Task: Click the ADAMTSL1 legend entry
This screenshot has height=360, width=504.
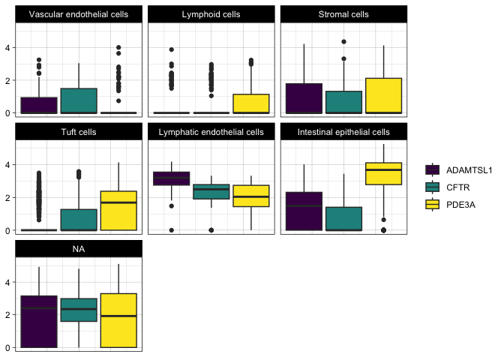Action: coord(459,170)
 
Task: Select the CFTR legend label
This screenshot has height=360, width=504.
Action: coord(457,187)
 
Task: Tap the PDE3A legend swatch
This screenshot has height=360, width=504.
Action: coord(432,205)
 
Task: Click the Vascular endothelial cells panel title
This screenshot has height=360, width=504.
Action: coord(79,14)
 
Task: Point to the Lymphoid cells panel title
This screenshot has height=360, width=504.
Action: coord(211,14)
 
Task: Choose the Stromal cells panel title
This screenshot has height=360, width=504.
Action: coord(343,14)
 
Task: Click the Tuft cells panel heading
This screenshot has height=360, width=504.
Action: coord(79,132)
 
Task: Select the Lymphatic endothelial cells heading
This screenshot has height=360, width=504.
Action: coord(211,132)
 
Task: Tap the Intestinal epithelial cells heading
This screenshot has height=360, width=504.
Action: coord(343,132)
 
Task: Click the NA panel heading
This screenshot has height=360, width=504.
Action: coord(79,249)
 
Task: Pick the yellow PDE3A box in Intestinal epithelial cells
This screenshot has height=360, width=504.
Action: coord(383,173)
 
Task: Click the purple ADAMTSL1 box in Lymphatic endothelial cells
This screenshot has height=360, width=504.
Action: coord(172,178)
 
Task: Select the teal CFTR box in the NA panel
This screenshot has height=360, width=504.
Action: coord(79,310)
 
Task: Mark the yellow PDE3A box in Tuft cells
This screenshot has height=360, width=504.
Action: coord(118,211)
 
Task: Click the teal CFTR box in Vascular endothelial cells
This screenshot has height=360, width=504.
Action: coord(79,100)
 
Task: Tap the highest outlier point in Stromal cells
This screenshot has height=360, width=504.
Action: coord(343,42)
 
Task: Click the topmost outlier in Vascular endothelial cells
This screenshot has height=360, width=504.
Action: coord(118,47)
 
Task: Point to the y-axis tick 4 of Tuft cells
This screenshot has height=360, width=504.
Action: coord(7,165)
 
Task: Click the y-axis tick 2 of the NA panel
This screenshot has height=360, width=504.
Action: coord(7,315)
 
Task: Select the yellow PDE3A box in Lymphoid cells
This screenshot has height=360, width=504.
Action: coord(251,103)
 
